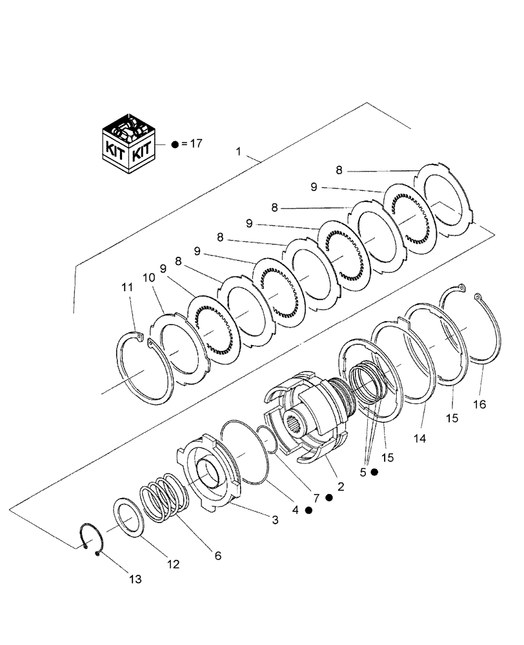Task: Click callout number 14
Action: pyautogui.click(x=419, y=439)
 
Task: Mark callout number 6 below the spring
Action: pyautogui.click(x=217, y=555)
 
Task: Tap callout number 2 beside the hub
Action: pyautogui.click(x=340, y=487)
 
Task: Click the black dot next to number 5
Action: pyautogui.click(x=375, y=473)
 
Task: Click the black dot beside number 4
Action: pyautogui.click(x=309, y=510)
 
